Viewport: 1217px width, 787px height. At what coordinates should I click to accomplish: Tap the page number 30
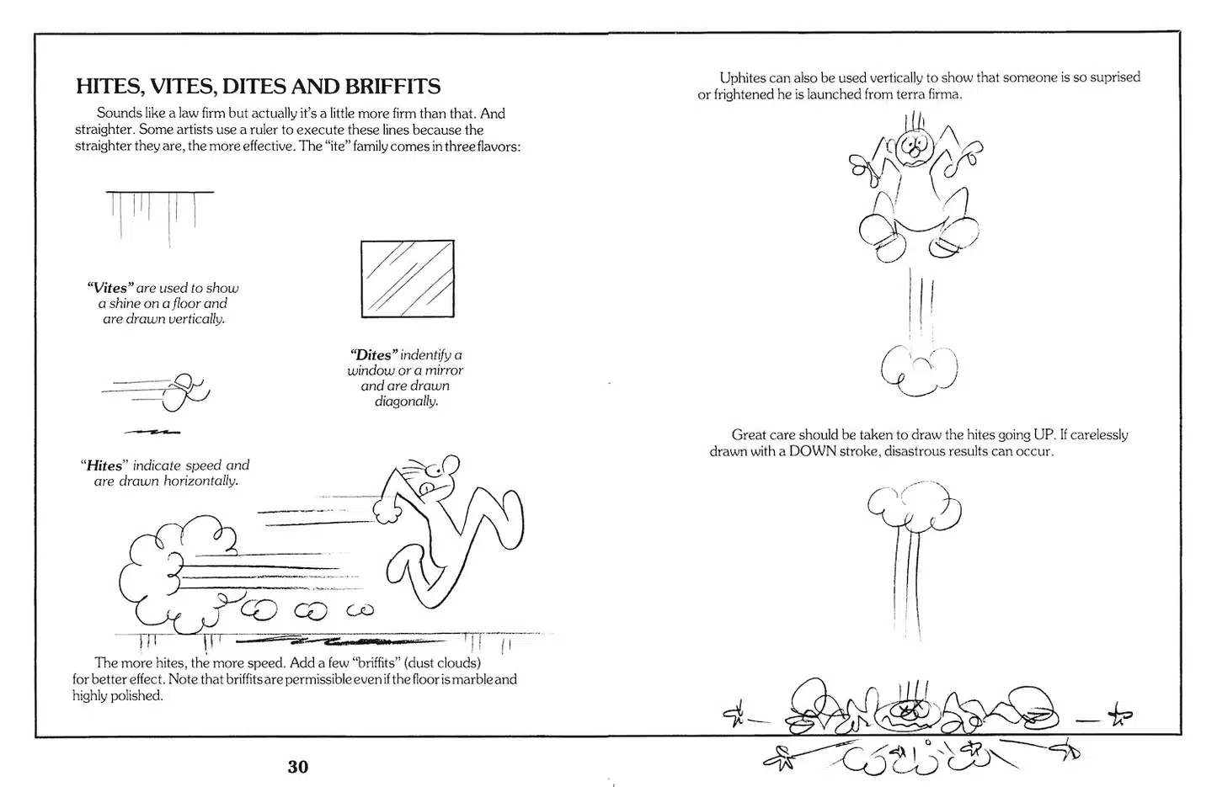298,767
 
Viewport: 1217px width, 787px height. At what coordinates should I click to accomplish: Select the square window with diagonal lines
408,279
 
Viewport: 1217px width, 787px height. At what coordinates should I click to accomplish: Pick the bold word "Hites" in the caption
104,465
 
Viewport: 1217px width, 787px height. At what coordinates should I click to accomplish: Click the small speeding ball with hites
182,392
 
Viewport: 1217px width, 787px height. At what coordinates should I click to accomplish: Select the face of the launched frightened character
912,149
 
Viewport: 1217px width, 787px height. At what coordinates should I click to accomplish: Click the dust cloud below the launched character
919,369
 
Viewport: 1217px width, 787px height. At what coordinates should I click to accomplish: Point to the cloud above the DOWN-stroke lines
914,508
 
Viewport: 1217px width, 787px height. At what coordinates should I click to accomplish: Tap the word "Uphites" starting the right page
742,77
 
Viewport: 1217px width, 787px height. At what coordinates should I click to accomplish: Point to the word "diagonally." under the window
406,401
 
